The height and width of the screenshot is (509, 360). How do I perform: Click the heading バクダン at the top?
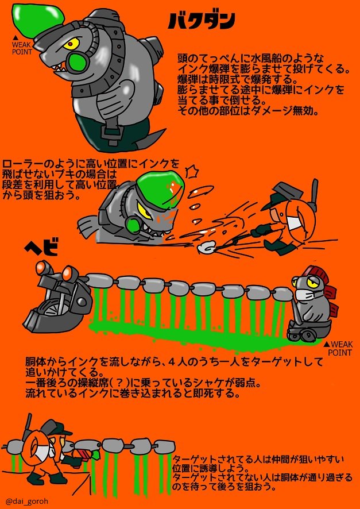click(x=202, y=21)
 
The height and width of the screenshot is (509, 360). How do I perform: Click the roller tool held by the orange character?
click(x=206, y=246)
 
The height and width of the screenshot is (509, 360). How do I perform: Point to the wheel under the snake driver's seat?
click(x=299, y=334)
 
